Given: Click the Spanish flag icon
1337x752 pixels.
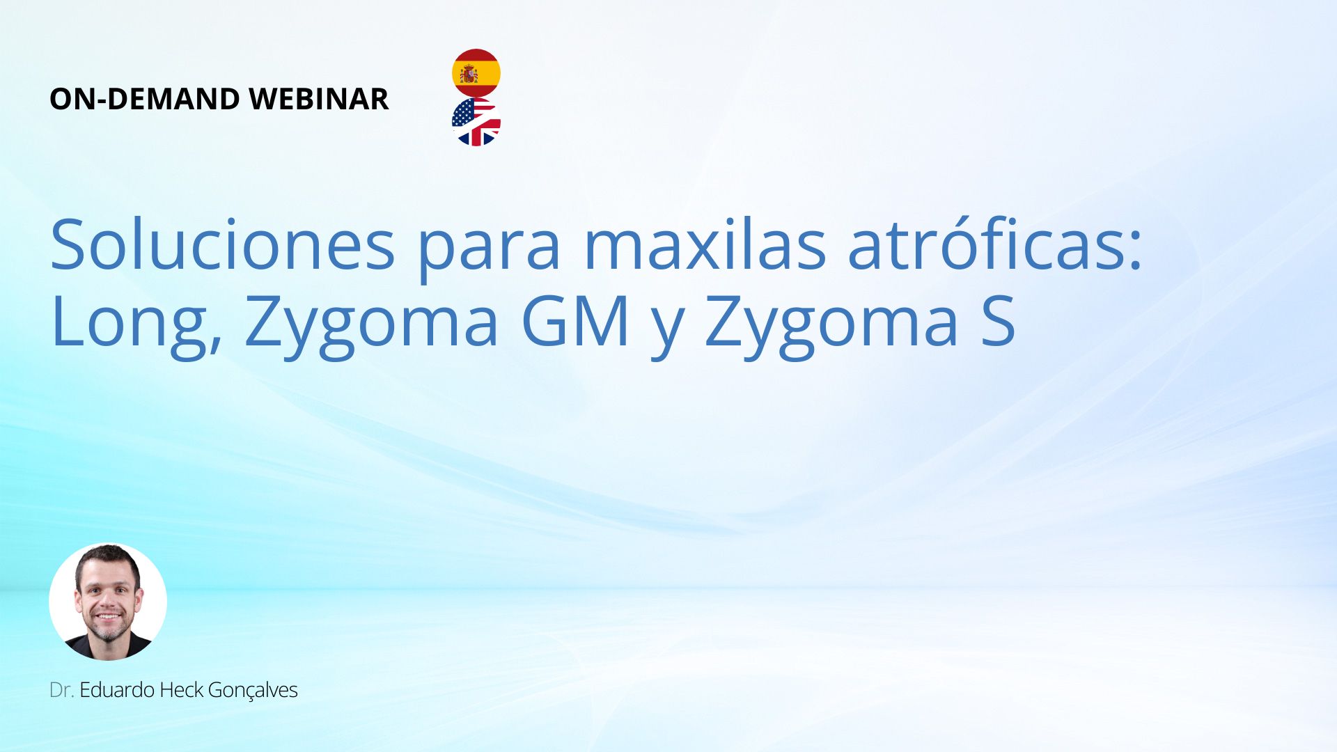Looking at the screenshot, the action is pyautogui.click(x=476, y=73).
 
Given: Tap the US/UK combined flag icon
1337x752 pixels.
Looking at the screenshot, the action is pyautogui.click(x=476, y=122).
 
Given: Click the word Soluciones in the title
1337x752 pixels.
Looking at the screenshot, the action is pyautogui.click(x=223, y=245).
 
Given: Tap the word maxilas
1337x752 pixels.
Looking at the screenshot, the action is pyautogui.click(x=705, y=245).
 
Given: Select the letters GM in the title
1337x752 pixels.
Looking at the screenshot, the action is pyautogui.click(x=574, y=321).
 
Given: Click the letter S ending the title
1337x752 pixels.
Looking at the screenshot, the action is pyautogui.click(x=998, y=321).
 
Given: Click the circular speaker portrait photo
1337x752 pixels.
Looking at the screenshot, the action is pyautogui.click(x=108, y=602).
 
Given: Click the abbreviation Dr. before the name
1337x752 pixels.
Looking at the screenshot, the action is pyautogui.click(x=62, y=690).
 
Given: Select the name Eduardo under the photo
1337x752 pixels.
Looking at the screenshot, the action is pyautogui.click(x=117, y=690).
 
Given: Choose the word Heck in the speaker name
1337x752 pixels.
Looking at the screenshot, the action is pyautogui.click(x=181, y=690).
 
